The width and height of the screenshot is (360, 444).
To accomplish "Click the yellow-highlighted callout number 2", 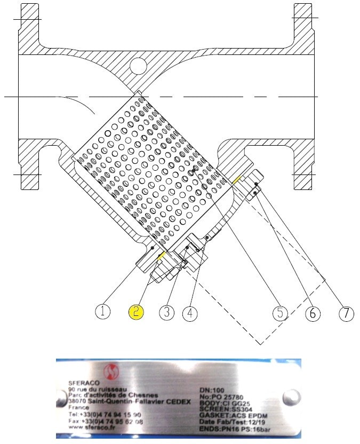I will [x=136, y=312].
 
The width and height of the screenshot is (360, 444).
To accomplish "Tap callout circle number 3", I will [x=166, y=312].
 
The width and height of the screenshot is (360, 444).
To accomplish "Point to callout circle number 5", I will [x=280, y=312].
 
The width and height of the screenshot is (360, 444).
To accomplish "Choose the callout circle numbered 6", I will [x=313, y=312].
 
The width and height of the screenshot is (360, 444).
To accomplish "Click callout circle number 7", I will [x=346, y=312].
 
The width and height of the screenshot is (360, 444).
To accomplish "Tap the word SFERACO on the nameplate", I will [x=81, y=383].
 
